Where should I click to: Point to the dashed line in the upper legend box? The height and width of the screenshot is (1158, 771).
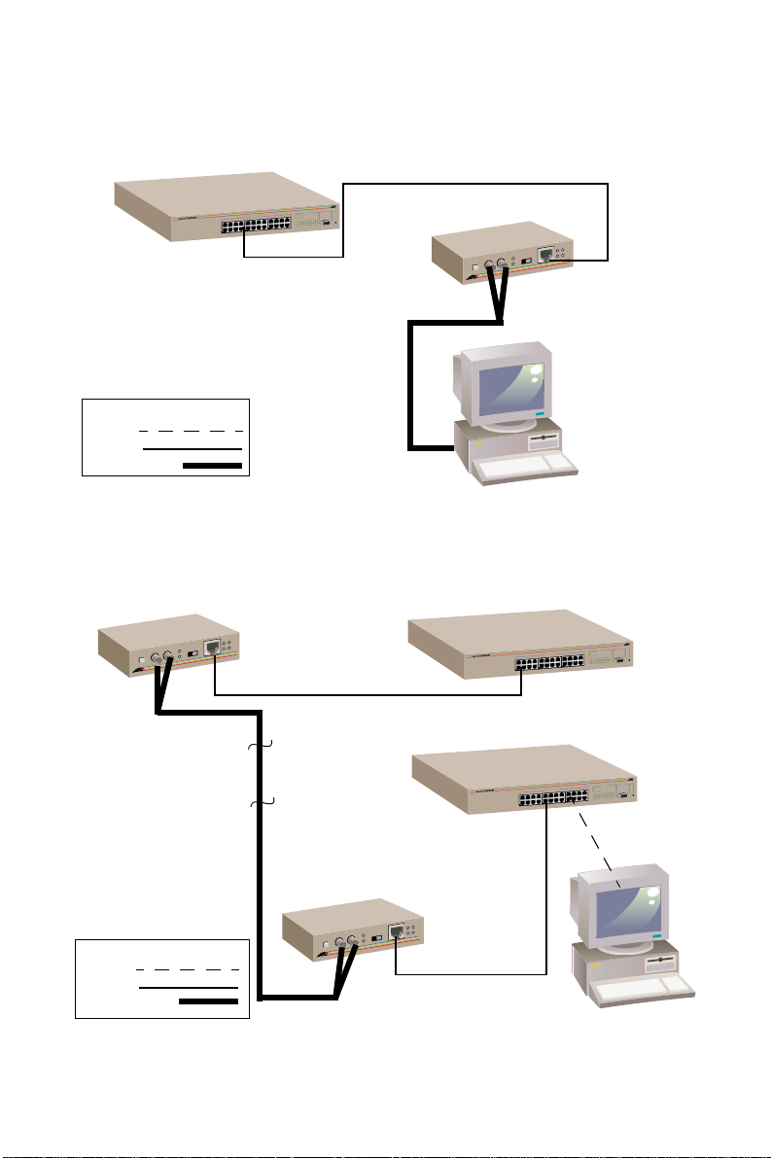(191, 429)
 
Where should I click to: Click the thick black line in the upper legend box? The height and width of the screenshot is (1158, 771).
(212, 467)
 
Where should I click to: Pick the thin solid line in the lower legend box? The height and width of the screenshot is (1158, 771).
(187, 987)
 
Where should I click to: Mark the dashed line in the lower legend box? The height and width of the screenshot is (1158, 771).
(187, 969)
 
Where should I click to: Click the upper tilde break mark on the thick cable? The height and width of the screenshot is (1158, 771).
(261, 746)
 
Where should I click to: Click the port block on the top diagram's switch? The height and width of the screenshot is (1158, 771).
(255, 226)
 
